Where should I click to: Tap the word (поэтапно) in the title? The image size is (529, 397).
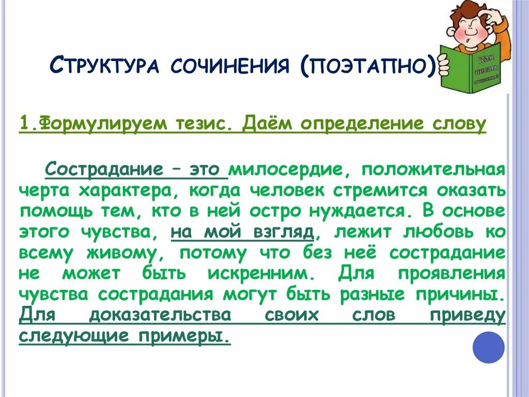368,66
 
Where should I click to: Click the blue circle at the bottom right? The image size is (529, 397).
489,346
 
